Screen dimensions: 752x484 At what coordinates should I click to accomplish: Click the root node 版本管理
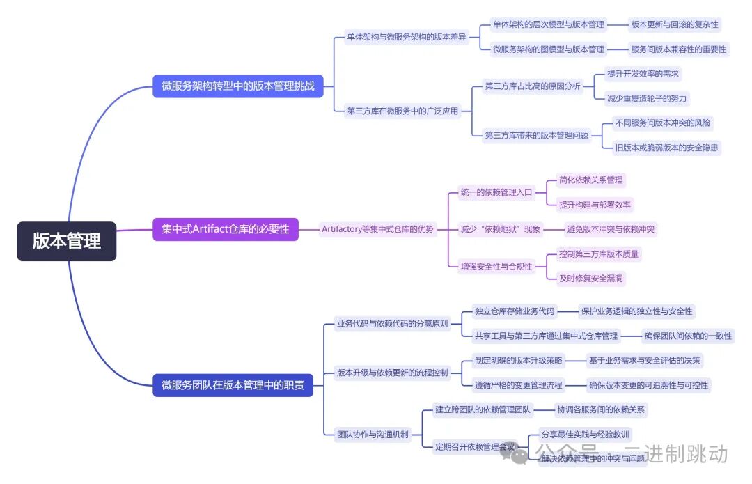67,241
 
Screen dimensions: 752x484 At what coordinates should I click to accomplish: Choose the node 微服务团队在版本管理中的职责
233,384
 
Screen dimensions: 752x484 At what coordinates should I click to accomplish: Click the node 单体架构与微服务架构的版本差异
407,37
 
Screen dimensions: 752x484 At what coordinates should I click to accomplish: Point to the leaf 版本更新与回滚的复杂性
675,24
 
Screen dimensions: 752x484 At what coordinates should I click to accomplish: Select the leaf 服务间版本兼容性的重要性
678,49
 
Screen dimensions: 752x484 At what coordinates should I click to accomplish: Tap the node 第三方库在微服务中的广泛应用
402,110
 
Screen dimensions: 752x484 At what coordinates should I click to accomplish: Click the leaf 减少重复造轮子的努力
648,98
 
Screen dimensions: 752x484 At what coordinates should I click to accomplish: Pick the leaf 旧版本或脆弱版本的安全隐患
666,147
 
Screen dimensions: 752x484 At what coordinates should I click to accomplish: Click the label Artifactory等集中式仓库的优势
377,229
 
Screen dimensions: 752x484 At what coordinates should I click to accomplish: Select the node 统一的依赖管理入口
496,192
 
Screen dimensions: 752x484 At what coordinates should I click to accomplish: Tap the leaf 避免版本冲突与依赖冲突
611,229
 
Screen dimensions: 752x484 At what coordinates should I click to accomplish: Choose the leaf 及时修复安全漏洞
591,278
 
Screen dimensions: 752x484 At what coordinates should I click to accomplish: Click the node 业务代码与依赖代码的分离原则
393,323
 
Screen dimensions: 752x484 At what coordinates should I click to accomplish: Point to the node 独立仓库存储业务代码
515,311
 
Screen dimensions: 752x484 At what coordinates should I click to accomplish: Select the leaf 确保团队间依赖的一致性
687,336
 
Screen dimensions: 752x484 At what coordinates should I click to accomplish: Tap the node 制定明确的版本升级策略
519,360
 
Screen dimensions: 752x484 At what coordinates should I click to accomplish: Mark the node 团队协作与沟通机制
373,435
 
